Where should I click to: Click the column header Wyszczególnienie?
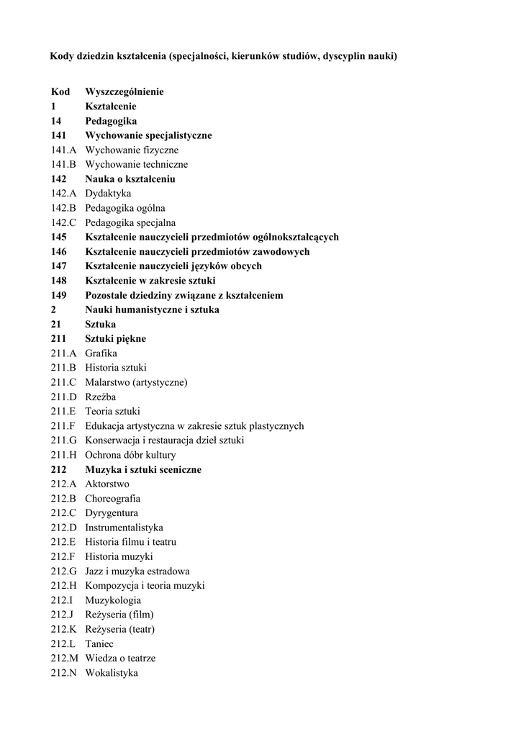click(x=124, y=92)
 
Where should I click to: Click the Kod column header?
click(x=60, y=92)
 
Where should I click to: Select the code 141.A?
click(x=63, y=150)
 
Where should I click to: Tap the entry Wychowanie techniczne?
click(x=136, y=165)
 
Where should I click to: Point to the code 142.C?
click(x=63, y=223)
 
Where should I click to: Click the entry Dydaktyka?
click(x=108, y=194)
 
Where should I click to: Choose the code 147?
click(x=59, y=266)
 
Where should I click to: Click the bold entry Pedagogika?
click(x=111, y=121)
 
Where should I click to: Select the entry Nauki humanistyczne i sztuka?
click(x=152, y=310)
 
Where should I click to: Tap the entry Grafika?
click(x=101, y=353)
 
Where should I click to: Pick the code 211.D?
click(x=63, y=397)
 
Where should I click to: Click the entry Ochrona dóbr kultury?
click(x=130, y=456)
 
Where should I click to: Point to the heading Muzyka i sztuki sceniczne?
click(x=143, y=470)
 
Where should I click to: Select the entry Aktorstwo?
click(x=107, y=484)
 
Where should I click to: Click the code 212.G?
click(x=63, y=571)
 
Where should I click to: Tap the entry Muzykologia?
click(x=113, y=600)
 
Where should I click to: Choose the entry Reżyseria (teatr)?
click(x=119, y=630)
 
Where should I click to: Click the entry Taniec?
click(x=99, y=644)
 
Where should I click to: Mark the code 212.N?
click(x=63, y=674)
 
